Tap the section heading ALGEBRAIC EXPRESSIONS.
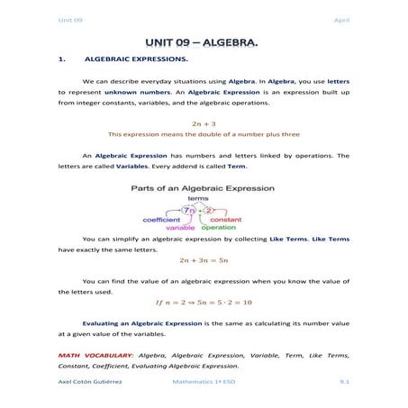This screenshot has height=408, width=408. (x=136, y=60)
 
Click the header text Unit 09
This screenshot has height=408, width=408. (x=70, y=19)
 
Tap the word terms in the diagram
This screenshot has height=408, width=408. (x=198, y=199)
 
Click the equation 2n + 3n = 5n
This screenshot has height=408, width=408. (x=204, y=259)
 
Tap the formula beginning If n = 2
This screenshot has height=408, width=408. (x=204, y=302)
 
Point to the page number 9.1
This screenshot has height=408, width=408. (x=343, y=383)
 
